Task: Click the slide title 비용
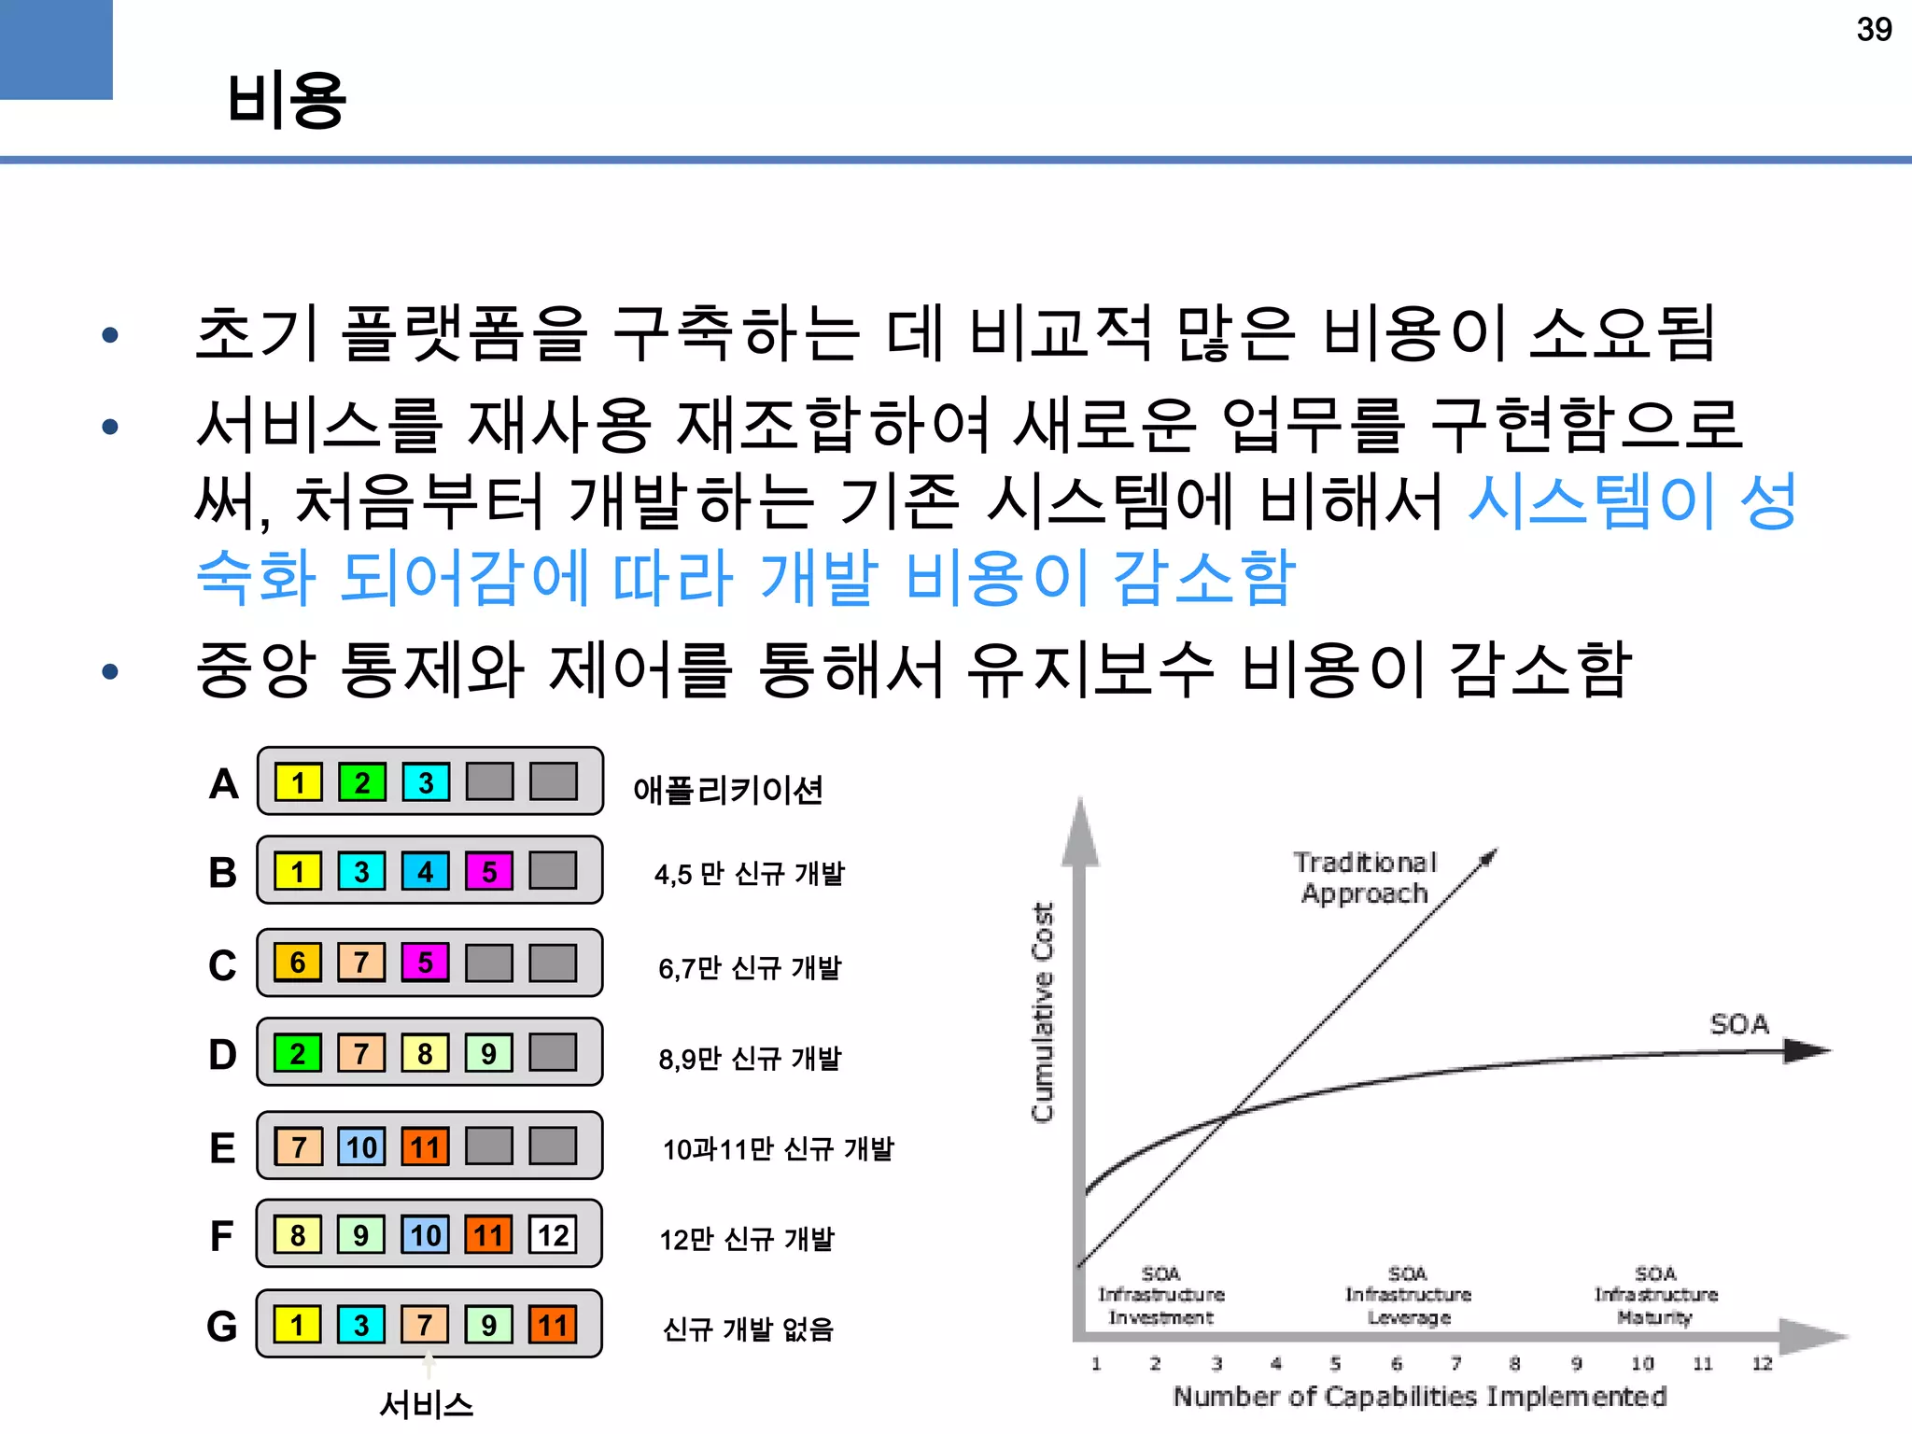[286, 100]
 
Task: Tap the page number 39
[1874, 30]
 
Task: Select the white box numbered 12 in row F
[553, 1235]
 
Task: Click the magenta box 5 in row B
[489, 872]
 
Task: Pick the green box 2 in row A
[361, 782]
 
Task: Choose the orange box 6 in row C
[298, 963]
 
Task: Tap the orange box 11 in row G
[553, 1325]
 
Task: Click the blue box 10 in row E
[361, 1146]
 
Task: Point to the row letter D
[222, 1055]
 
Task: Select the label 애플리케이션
[727, 790]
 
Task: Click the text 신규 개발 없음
[747, 1329]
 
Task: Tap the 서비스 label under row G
[427, 1404]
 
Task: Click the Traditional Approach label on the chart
[1365, 878]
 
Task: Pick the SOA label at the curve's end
[1739, 1024]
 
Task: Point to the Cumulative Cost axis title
[1043, 1011]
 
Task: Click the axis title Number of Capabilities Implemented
[1419, 1397]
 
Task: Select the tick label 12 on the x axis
[1762, 1364]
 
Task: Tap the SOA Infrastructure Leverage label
[1408, 1295]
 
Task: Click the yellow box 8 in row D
[425, 1054]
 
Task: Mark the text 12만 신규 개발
[747, 1239]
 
